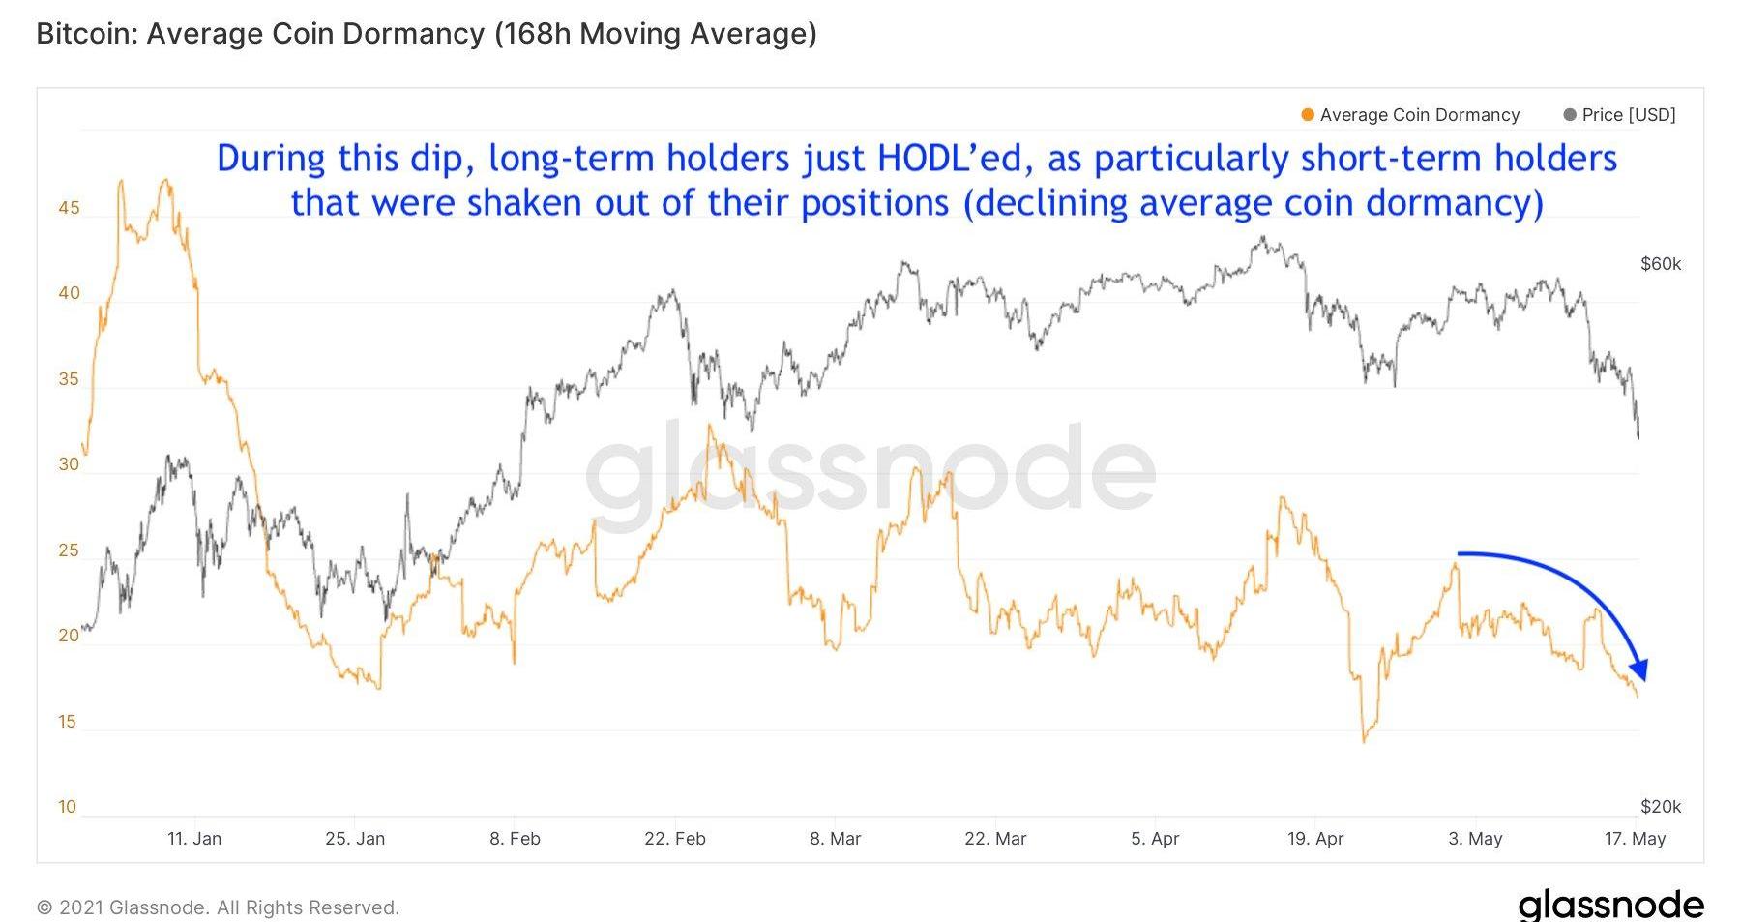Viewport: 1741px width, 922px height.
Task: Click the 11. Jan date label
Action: tap(193, 839)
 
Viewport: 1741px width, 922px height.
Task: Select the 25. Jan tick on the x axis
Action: tap(354, 839)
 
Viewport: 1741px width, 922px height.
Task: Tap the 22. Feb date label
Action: tap(674, 839)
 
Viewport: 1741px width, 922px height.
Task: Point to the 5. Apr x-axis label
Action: tap(1154, 839)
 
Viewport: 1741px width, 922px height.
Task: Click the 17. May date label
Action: tap(1634, 839)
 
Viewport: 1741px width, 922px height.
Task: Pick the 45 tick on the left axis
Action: tap(69, 208)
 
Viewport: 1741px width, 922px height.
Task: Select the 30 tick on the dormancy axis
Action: tap(69, 464)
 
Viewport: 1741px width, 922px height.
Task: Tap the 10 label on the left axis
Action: tap(67, 807)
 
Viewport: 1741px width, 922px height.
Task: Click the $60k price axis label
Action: tap(1661, 264)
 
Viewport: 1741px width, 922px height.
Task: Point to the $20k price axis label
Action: tap(1661, 807)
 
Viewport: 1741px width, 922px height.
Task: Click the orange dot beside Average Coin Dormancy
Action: tap(1308, 115)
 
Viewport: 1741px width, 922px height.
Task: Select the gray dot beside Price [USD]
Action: tap(1570, 115)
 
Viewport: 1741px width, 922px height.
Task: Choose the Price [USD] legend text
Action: tap(1629, 115)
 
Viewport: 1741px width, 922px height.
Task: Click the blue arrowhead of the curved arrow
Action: tap(1639, 669)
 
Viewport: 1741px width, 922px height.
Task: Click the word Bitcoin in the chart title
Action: tap(86, 34)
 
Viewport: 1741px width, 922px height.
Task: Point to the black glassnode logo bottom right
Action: tap(1610, 905)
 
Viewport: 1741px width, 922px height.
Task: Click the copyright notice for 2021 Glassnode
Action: tap(218, 907)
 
